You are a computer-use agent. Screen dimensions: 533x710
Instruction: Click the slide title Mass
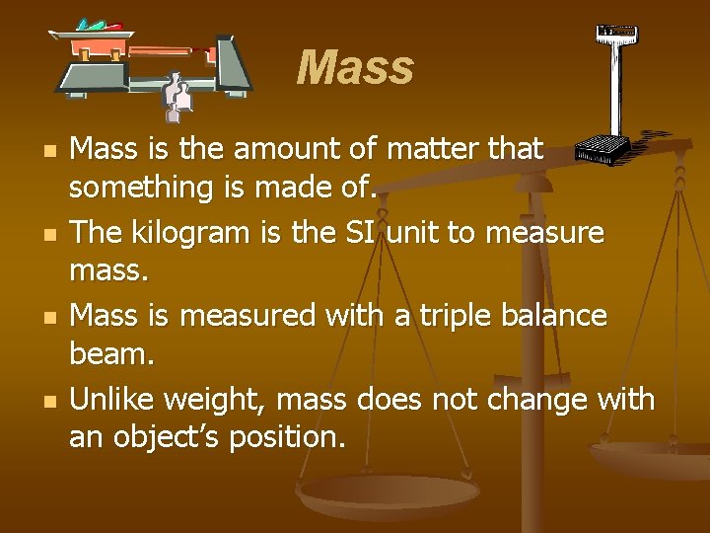click(x=355, y=68)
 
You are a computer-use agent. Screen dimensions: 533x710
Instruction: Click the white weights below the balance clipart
click(x=178, y=94)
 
